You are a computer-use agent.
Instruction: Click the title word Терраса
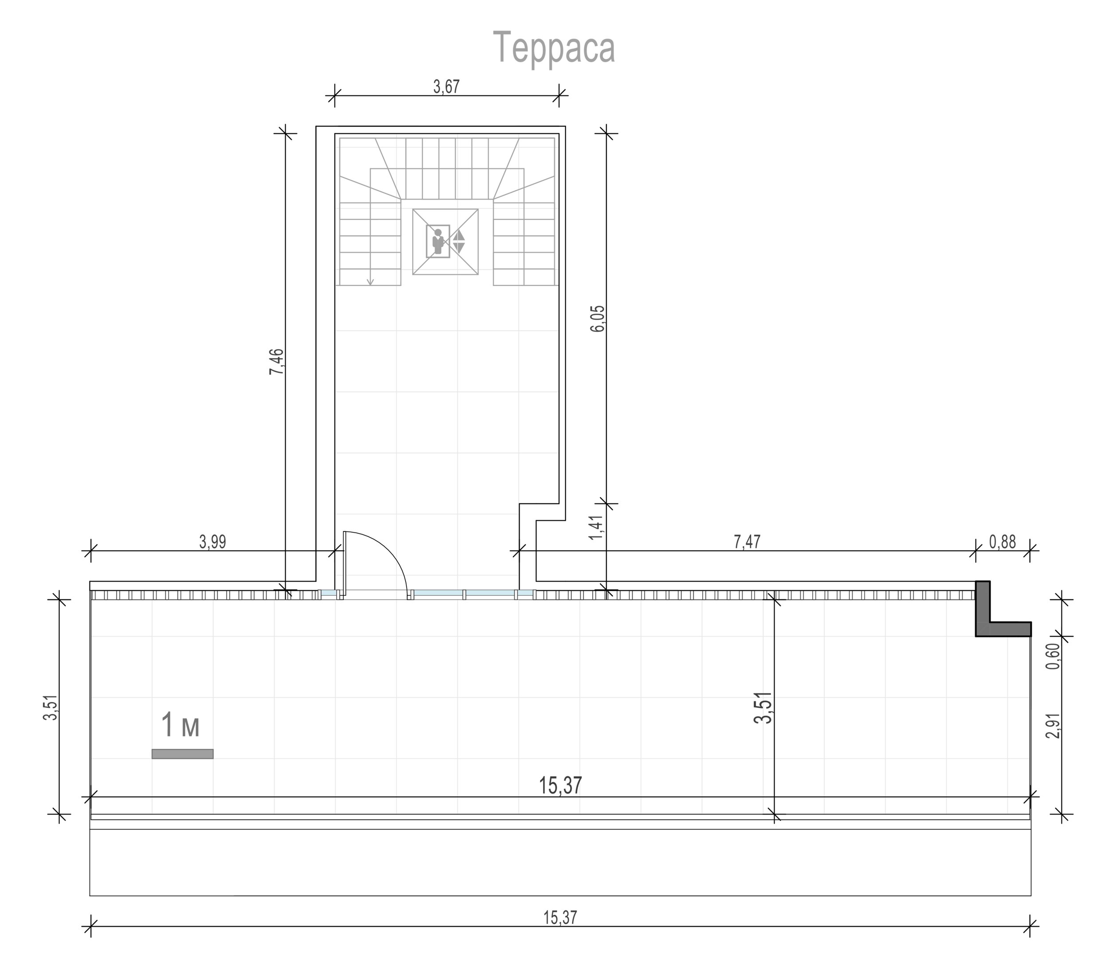point(554,48)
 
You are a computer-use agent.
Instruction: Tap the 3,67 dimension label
point(446,87)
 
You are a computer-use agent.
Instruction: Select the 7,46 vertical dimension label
point(276,361)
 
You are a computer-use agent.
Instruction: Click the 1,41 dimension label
point(596,527)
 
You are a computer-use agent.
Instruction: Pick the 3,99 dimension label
point(212,542)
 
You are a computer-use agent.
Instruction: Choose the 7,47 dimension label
point(747,542)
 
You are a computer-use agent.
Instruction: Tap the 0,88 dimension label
point(1003,542)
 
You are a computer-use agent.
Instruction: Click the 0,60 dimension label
point(1053,656)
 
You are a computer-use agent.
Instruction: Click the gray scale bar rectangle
point(182,753)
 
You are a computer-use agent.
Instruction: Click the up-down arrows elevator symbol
point(459,242)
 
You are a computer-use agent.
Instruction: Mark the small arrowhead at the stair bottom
point(370,282)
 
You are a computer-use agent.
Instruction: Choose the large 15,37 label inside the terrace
point(560,785)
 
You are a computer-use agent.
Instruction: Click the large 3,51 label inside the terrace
point(763,707)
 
